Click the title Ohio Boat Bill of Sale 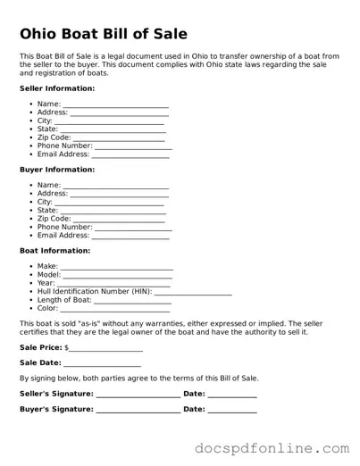tap(104, 34)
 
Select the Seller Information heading tap(57, 88)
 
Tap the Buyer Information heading tap(57, 170)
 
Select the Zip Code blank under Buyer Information tap(119, 220)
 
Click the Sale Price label tap(41, 346)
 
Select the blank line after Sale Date tap(102, 364)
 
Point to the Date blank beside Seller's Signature tap(232, 395)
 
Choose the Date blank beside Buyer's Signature tap(232, 411)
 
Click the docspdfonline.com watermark tap(273, 446)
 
